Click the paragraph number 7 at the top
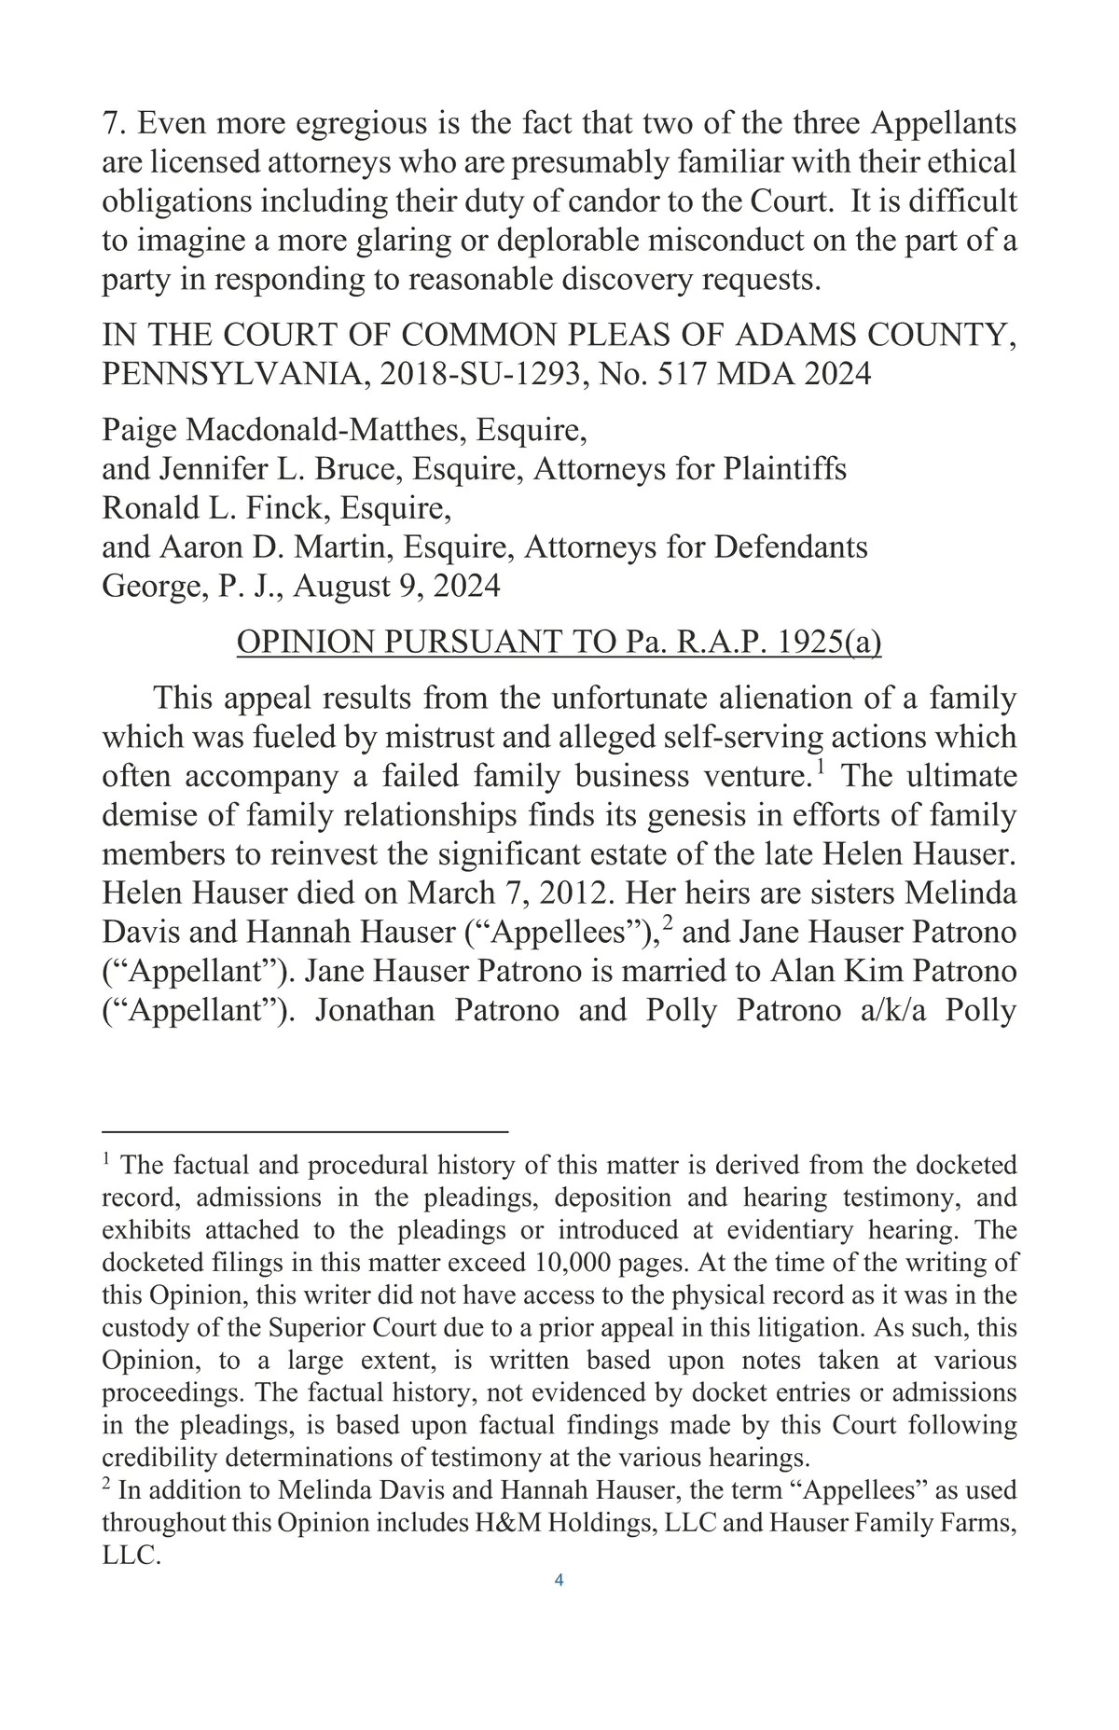[x=111, y=123]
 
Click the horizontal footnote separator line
[x=305, y=1131]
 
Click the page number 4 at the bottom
[x=559, y=1580]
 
